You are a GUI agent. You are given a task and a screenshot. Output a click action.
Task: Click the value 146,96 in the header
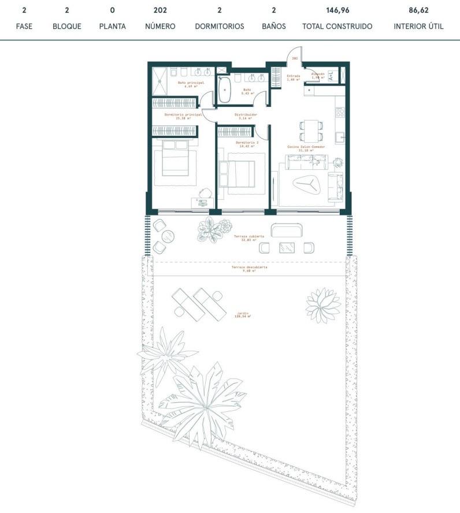337,10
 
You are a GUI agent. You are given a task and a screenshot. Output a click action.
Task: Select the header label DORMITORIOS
220,27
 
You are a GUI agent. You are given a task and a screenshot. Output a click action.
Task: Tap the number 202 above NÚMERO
160,10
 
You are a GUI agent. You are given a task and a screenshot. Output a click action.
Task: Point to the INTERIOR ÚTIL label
418,27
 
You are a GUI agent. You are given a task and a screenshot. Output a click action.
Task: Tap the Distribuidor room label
246,116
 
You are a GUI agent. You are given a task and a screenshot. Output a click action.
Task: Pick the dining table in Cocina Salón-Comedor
311,129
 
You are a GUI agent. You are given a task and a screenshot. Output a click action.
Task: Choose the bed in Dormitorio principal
175,158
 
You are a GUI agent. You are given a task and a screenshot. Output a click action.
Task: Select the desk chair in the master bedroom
205,192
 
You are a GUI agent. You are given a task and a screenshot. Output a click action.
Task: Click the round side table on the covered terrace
167,236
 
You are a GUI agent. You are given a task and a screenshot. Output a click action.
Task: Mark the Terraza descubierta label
250,268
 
